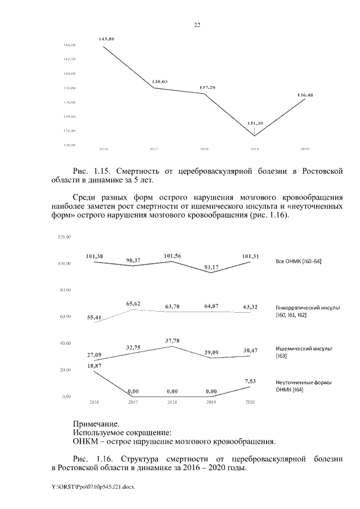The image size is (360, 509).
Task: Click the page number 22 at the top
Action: point(197,25)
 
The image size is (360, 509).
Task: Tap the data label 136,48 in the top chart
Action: point(305,95)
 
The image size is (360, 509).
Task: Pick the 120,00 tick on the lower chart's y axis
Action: point(65,237)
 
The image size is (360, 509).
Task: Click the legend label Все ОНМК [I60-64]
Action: point(298,262)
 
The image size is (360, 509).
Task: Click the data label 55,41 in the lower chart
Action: point(94,317)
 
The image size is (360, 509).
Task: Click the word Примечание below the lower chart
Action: point(96,424)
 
